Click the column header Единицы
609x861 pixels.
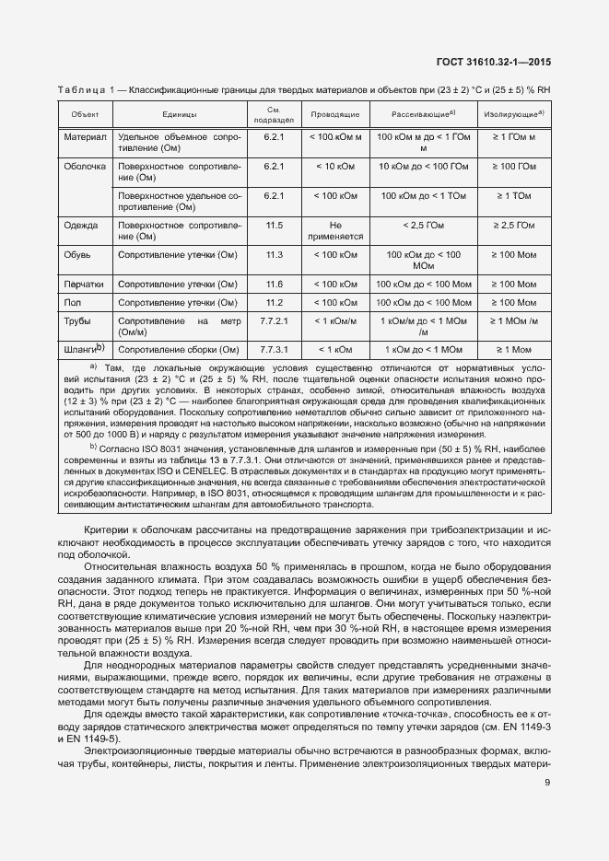pyautogui.click(x=179, y=114)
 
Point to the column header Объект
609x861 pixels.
pyautogui.click(x=85, y=114)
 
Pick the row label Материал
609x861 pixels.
pyautogui.click(x=85, y=137)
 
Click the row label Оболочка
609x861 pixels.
pyautogui.click(x=85, y=167)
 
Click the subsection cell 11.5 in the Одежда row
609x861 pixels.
pyautogui.click(x=274, y=225)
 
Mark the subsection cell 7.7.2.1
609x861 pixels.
pyautogui.click(x=274, y=321)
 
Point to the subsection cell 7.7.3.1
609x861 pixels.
pyautogui.click(x=274, y=350)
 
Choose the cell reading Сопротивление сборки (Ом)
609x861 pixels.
pyautogui.click(x=179, y=350)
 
